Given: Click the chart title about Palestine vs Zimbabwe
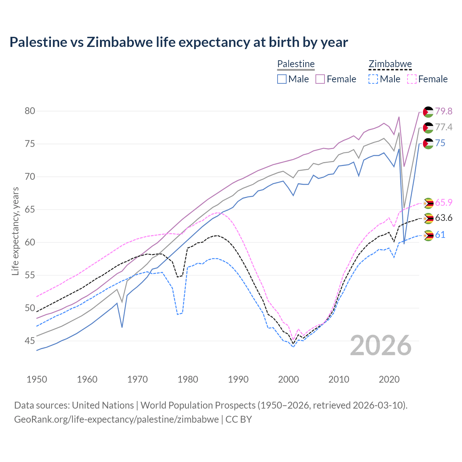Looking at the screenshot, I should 179,42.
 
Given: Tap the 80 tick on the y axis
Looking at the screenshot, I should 30,111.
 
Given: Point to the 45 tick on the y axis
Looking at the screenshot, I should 30,341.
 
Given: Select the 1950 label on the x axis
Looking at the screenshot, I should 37,379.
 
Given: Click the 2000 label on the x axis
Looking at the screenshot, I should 288,379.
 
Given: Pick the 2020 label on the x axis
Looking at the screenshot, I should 389,379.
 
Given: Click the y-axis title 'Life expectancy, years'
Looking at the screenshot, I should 16,231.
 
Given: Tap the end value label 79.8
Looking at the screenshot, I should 444,111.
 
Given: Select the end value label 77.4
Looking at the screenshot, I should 444,127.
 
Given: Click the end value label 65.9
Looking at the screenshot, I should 444,202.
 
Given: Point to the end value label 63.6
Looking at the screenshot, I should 444,218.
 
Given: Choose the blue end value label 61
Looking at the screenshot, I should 440,235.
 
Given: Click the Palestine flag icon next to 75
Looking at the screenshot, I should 428,143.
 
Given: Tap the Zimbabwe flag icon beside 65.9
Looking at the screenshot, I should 428,203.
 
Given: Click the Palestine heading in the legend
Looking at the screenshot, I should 296,64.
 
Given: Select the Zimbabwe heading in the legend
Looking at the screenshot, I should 390,64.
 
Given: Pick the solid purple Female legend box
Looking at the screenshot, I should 320,79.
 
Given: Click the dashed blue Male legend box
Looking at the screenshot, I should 373,79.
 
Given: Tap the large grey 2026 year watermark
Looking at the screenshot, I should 381,345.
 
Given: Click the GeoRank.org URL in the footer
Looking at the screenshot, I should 116,419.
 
